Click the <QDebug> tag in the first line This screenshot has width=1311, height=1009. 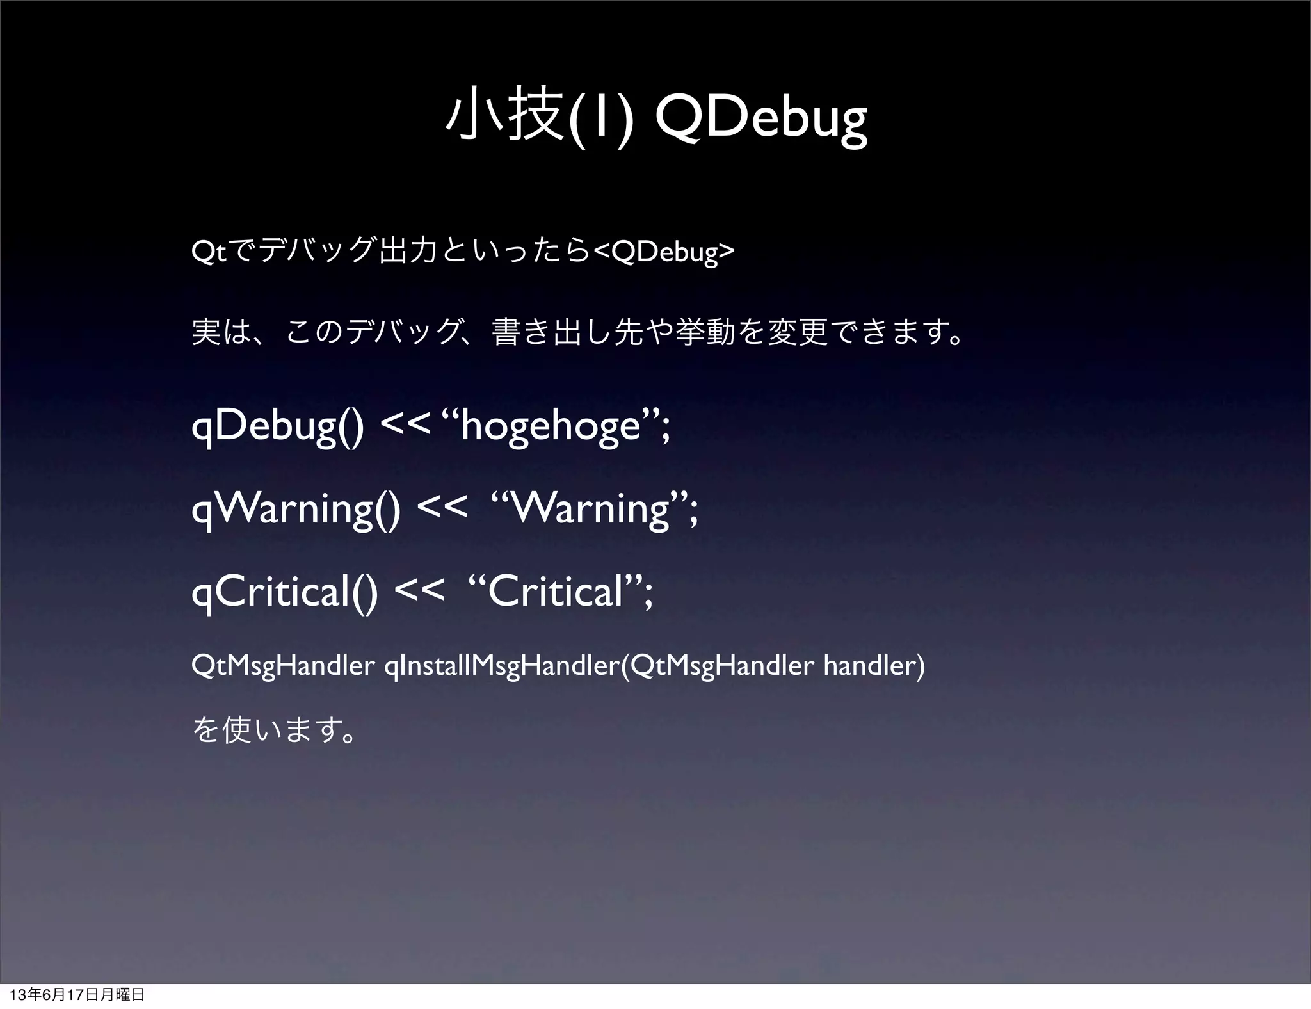(x=664, y=253)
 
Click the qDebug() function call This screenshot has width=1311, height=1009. (x=278, y=426)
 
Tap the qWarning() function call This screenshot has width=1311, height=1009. (x=296, y=510)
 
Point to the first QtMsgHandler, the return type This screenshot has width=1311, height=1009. (x=282, y=666)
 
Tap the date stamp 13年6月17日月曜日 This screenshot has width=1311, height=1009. (x=73, y=995)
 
